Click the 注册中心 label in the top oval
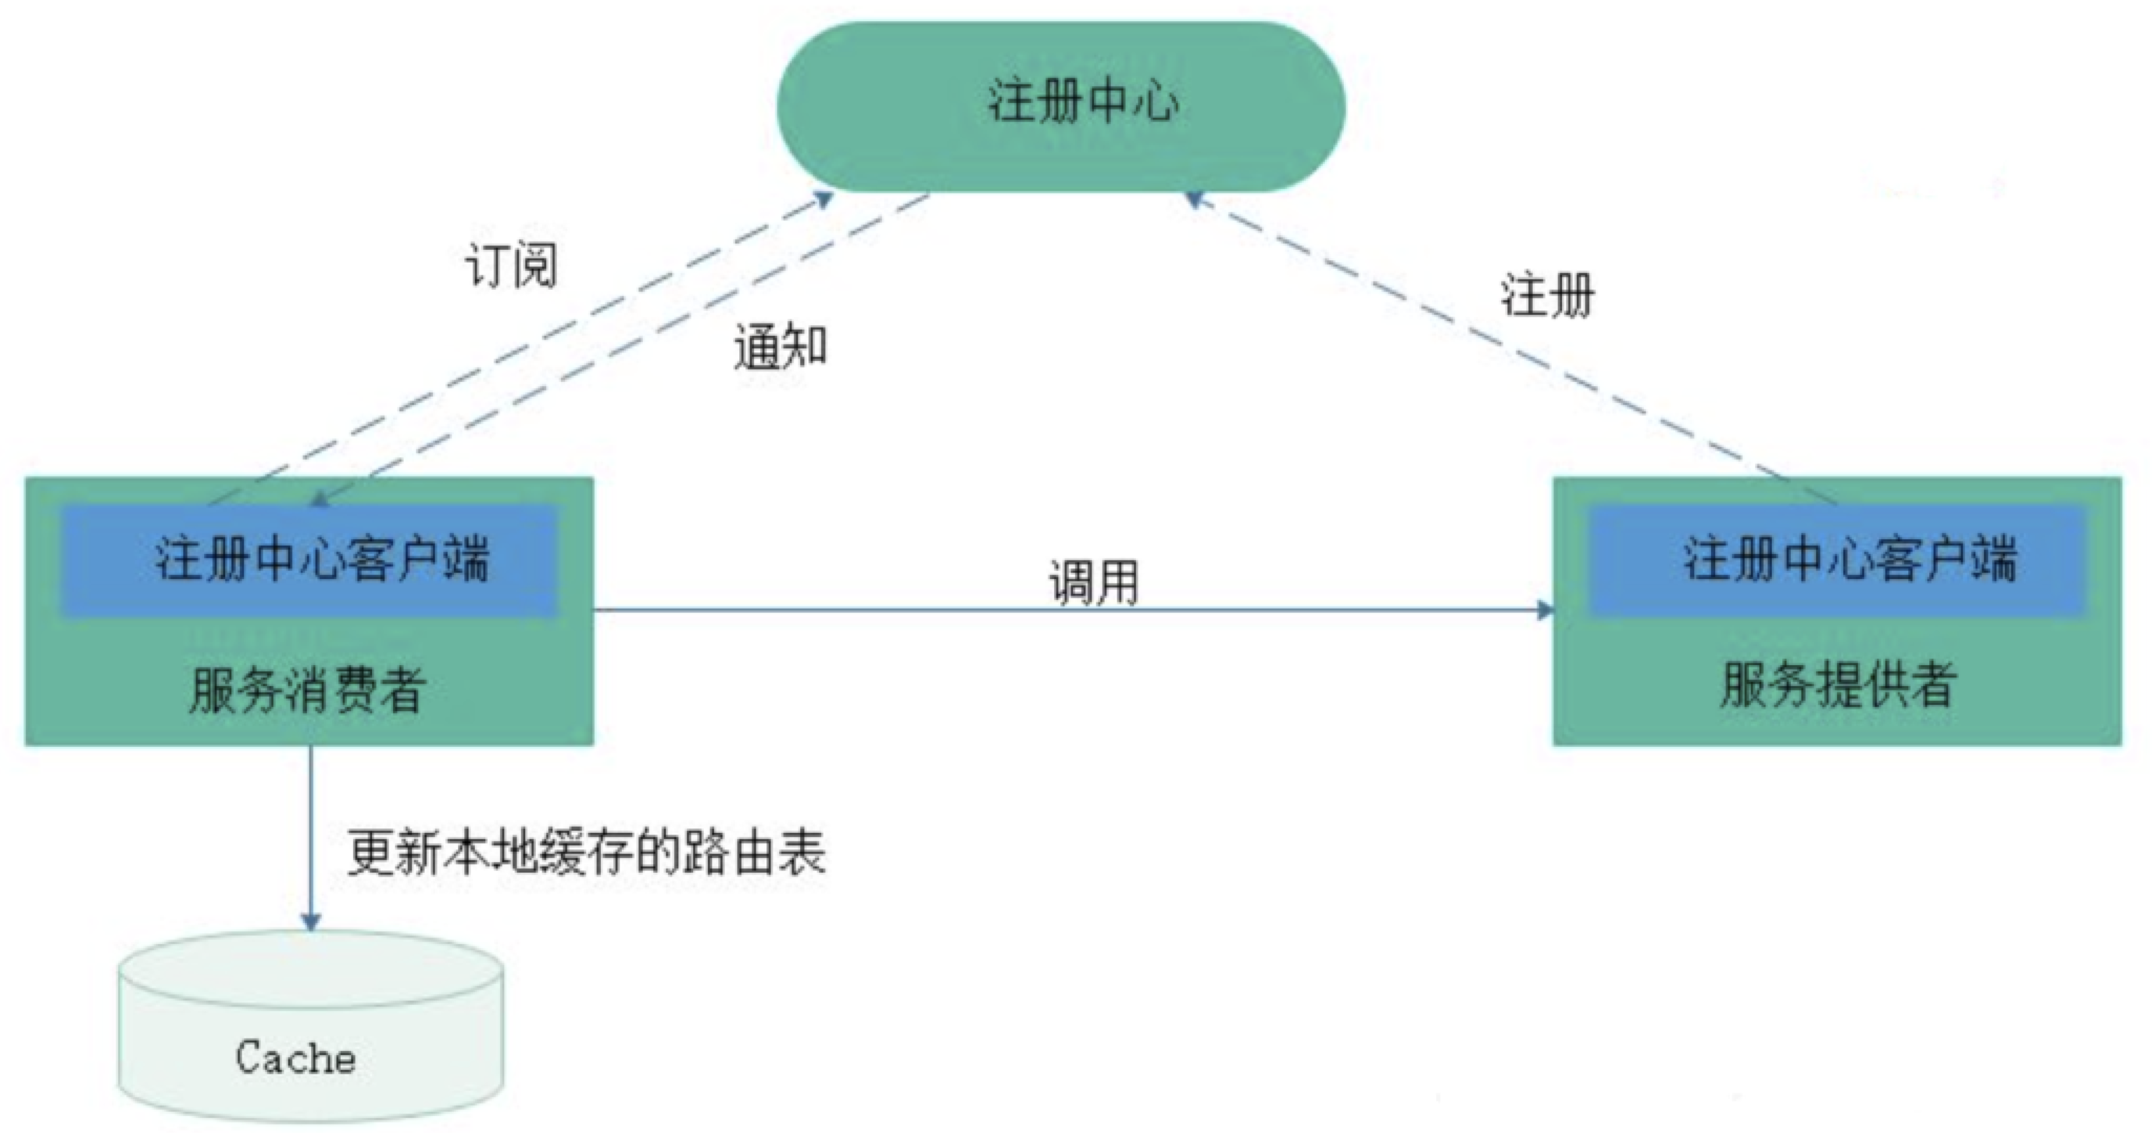[1082, 102]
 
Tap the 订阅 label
[510, 267]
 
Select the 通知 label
[780, 346]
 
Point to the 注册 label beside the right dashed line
[1548, 295]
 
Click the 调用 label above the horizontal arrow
[1093, 582]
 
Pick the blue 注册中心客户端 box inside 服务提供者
[1836, 559]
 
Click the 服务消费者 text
[307, 688]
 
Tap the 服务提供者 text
[1838, 684]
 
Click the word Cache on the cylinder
[295, 1058]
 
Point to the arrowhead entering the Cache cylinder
[311, 921]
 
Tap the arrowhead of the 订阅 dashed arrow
[824, 199]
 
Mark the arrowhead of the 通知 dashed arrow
[319, 499]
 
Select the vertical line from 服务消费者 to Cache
[311, 828]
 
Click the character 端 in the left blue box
[466, 559]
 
